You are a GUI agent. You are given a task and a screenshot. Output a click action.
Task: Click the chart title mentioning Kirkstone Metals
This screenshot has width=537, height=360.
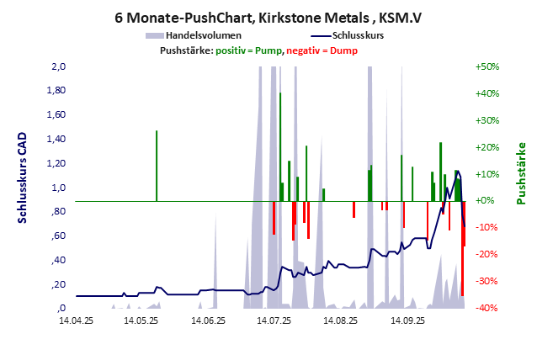tap(268, 17)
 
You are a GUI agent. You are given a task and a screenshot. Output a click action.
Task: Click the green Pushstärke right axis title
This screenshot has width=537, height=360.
tap(521, 173)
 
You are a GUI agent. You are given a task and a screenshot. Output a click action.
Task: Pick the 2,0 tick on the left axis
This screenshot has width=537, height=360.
tap(59, 66)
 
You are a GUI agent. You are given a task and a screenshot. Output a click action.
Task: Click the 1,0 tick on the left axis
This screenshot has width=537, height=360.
tap(59, 188)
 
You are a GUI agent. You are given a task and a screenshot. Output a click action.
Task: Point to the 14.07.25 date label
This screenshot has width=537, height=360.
tap(274, 320)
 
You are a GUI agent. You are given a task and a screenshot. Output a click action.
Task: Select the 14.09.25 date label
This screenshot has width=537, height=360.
tap(406, 320)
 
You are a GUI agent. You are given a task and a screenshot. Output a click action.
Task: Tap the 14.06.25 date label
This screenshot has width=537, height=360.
tap(207, 320)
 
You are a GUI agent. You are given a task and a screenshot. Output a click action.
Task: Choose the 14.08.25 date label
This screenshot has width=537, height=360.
tap(340, 320)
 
